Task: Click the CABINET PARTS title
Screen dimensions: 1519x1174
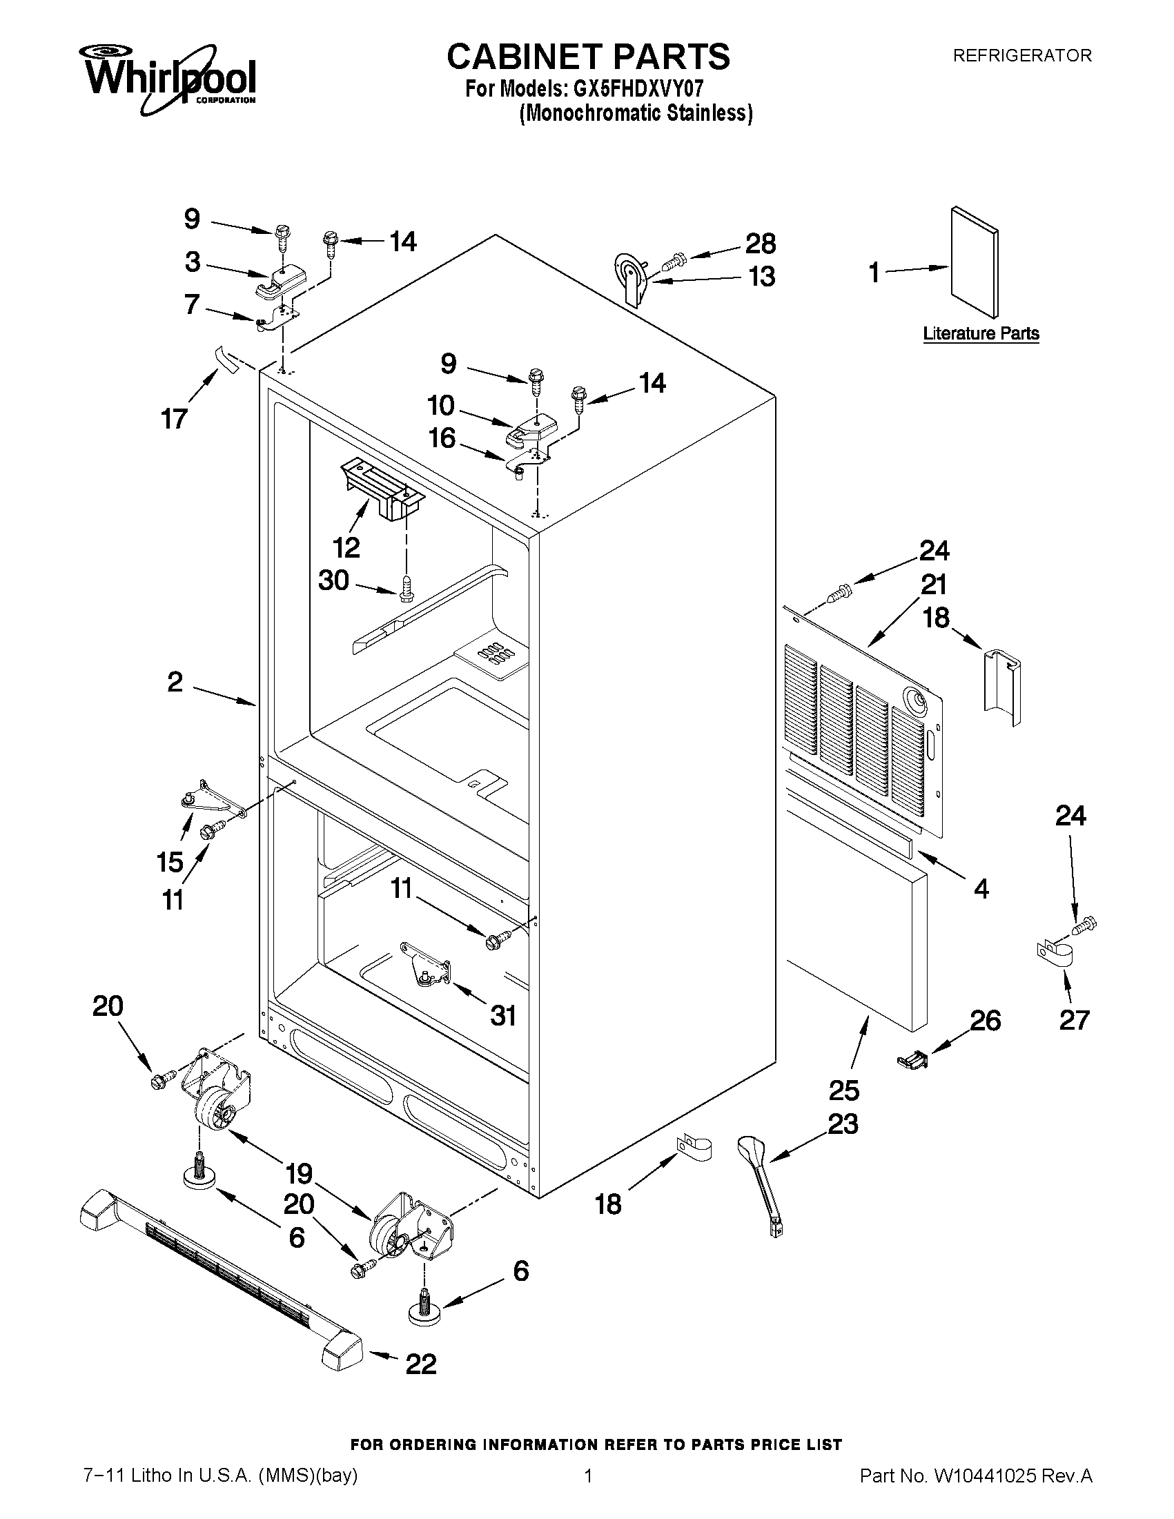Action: click(588, 57)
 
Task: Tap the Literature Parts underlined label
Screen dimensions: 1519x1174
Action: click(981, 333)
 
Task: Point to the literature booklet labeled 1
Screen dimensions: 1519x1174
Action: click(975, 262)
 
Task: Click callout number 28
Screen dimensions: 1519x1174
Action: click(760, 244)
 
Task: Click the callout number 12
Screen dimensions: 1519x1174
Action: click(346, 548)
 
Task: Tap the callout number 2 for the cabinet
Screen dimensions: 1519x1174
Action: click(175, 682)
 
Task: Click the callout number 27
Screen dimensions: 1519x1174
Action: click(1074, 1020)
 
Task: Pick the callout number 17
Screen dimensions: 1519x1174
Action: click(174, 419)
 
